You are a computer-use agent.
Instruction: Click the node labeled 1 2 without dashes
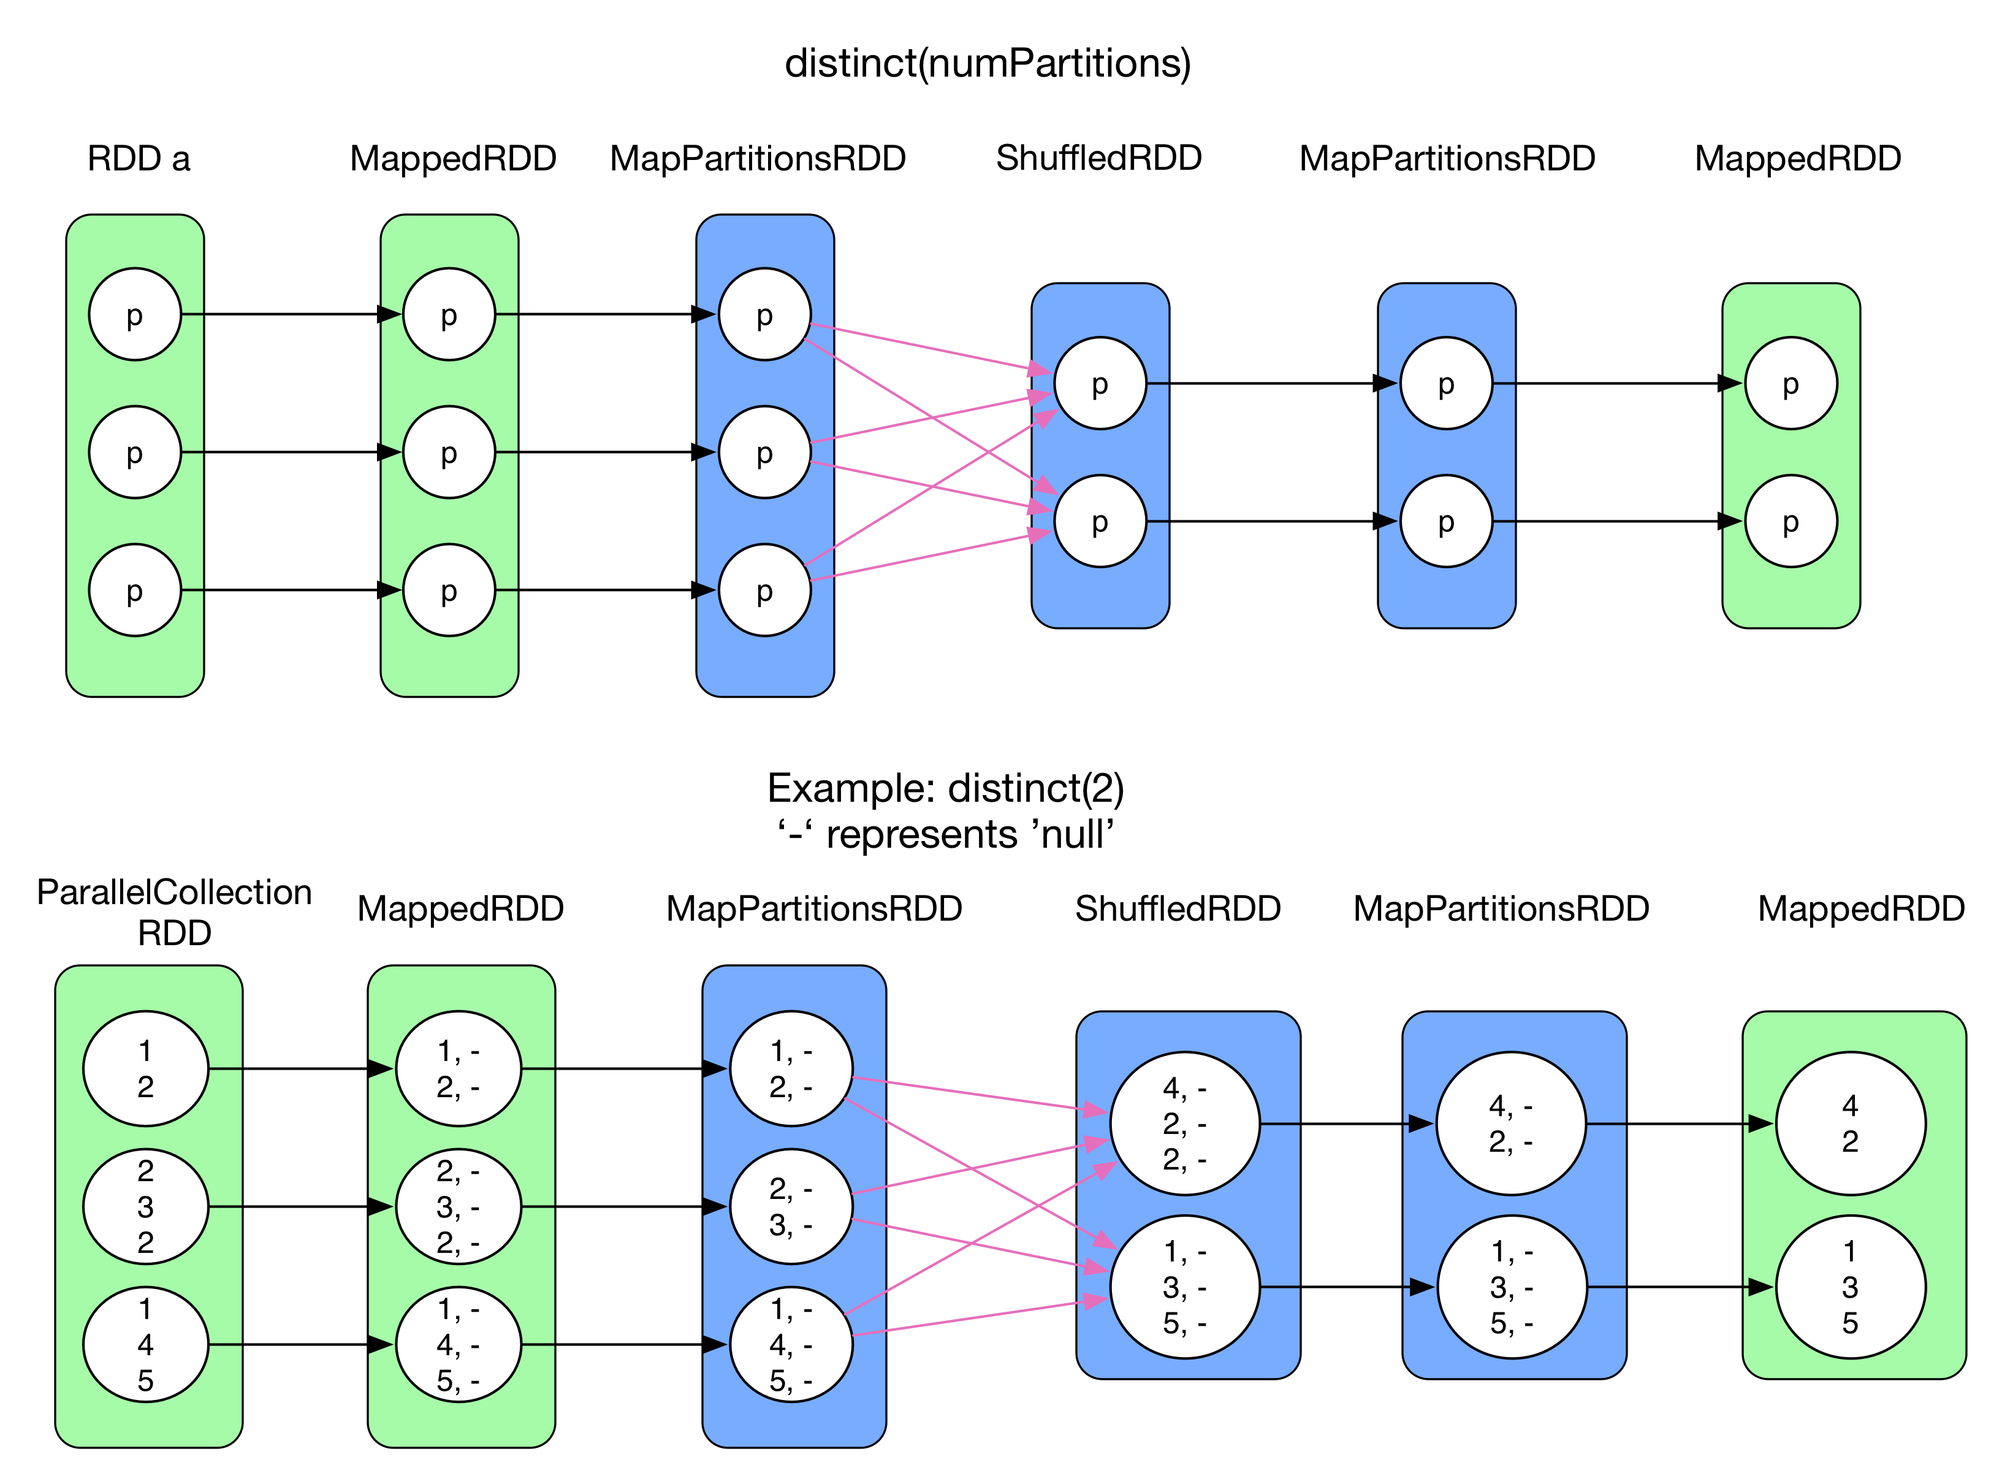click(x=146, y=1068)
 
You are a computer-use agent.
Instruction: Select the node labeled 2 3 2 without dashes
click(x=146, y=1206)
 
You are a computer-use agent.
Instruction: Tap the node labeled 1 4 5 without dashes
click(x=146, y=1345)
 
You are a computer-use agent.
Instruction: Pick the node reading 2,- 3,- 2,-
click(x=459, y=1206)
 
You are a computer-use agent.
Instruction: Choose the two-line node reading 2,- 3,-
click(x=791, y=1206)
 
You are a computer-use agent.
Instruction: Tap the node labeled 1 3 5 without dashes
click(x=1850, y=1287)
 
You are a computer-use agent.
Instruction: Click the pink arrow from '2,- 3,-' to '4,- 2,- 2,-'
click(x=974, y=1168)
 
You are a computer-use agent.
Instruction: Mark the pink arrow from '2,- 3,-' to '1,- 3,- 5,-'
click(x=974, y=1243)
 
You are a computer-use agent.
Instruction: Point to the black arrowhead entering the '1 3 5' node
click(x=1760, y=1287)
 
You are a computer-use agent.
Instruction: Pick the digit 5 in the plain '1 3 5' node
click(x=1850, y=1323)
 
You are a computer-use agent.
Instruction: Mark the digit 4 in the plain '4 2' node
click(x=1850, y=1106)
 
